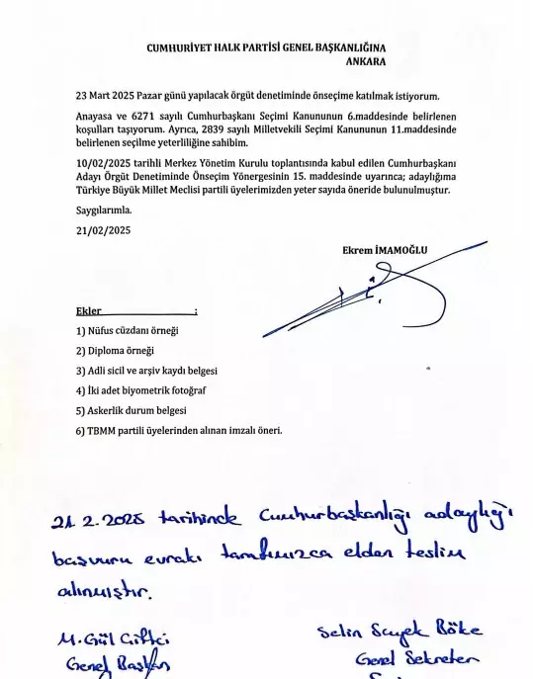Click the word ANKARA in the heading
[x=366, y=61]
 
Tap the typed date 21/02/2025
[x=103, y=229]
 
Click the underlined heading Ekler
[x=90, y=310]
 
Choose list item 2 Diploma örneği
[x=115, y=350]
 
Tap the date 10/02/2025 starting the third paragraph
[x=105, y=162]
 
